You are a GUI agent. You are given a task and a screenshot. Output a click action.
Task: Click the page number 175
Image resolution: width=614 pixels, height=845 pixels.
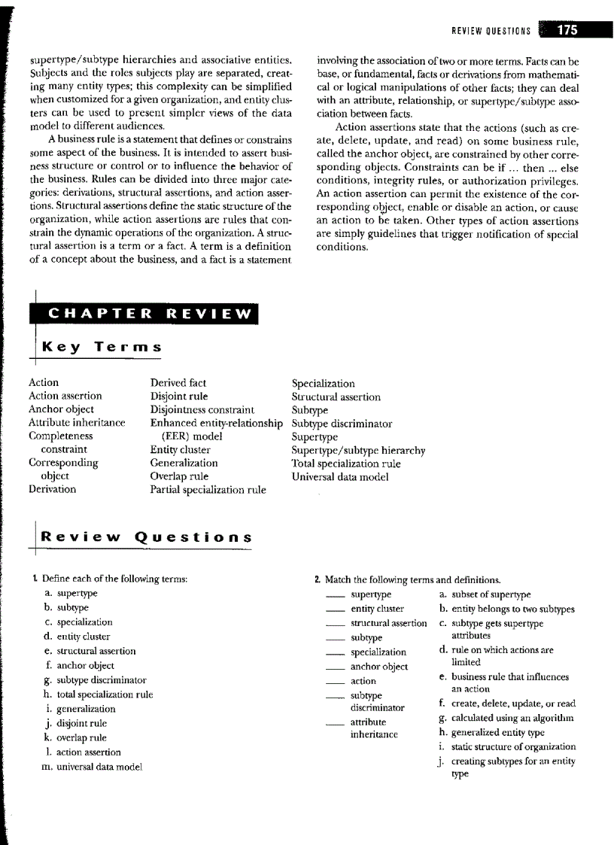click(x=567, y=30)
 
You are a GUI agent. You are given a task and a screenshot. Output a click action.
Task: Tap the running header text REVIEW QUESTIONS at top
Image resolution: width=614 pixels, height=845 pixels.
click(x=491, y=32)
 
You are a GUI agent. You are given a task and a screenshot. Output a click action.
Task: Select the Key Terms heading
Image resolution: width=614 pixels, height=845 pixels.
click(x=102, y=347)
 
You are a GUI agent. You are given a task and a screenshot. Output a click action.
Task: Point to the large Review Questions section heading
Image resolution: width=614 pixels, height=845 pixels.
click(x=146, y=537)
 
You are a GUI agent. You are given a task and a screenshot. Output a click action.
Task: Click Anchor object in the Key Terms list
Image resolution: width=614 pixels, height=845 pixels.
click(x=61, y=409)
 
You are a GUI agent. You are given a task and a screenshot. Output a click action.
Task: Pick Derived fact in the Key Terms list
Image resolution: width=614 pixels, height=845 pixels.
click(x=178, y=383)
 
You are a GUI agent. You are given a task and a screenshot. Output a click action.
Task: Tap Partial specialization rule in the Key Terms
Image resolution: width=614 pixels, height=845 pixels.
click(x=208, y=490)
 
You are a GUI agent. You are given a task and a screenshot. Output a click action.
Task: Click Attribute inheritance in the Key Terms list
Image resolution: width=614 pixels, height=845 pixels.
click(x=77, y=423)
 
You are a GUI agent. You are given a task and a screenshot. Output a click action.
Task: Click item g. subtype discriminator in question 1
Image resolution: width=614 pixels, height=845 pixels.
click(x=96, y=680)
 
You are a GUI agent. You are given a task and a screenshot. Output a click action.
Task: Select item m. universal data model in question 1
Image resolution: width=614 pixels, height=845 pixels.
click(x=93, y=767)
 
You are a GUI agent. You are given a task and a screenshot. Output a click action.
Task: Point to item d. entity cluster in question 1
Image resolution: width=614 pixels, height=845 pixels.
click(x=79, y=637)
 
